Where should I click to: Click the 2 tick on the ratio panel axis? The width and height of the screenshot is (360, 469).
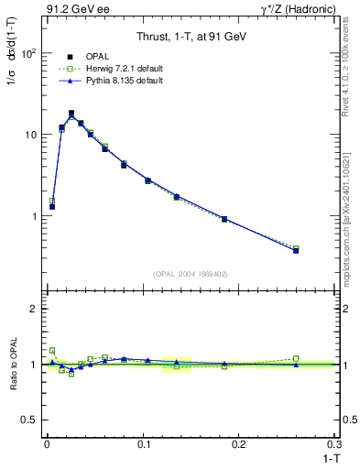[32, 310]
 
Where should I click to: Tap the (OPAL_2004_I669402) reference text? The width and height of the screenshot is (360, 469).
[190, 273]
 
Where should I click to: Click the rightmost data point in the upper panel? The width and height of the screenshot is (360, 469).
[296, 250]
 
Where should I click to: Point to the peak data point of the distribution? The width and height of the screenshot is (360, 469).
[71, 114]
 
